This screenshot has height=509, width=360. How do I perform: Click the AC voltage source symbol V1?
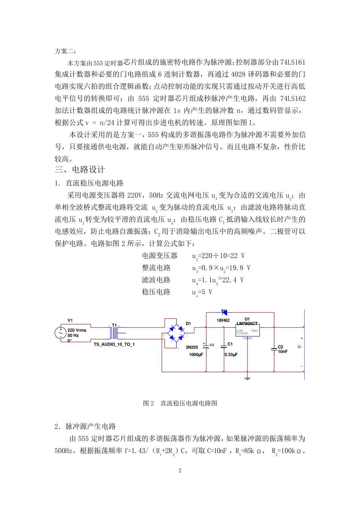pyautogui.click(x=61, y=333)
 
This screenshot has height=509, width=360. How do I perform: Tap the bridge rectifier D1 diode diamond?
pyautogui.click(x=177, y=332)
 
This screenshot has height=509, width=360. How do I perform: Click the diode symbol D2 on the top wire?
pyautogui.click(x=224, y=312)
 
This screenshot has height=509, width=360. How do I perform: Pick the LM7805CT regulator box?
pyautogui.click(x=247, y=331)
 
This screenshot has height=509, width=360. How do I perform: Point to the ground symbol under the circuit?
pyautogui.click(x=247, y=378)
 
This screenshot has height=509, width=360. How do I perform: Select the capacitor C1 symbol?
pyautogui.click(x=224, y=346)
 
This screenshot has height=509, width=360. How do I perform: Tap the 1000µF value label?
pyautogui.click(x=196, y=355)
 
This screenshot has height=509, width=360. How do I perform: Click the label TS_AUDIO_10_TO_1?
pyautogui.click(x=114, y=345)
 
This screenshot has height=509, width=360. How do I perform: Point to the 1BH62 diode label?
pyautogui.click(x=223, y=320)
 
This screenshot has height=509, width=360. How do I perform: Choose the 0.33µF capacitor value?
pyautogui.click(x=231, y=355)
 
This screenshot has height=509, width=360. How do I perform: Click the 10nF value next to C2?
pyautogui.click(x=283, y=352)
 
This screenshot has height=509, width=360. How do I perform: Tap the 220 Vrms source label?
pyautogui.click(x=77, y=330)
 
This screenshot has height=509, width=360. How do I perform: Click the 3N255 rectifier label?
pyautogui.click(x=192, y=347)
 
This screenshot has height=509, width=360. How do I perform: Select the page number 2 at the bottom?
pyautogui.click(x=180, y=471)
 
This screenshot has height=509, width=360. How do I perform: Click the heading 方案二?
pyautogui.click(x=66, y=51)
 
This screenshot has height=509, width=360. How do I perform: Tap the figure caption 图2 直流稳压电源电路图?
pyautogui.click(x=180, y=403)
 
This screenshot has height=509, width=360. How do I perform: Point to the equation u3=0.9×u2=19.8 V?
pyautogui.click(x=221, y=268)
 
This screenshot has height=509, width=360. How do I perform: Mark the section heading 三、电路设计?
pyautogui.click(x=80, y=170)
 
